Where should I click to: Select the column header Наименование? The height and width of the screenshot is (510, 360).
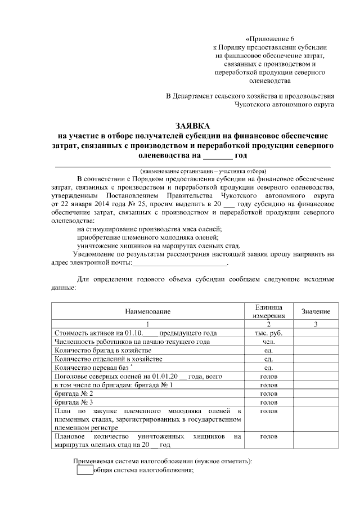[147, 311]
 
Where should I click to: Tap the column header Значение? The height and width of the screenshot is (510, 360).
[316, 311]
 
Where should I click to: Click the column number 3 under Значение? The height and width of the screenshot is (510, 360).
[316, 324]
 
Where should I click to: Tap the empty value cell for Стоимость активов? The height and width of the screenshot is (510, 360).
[316, 332]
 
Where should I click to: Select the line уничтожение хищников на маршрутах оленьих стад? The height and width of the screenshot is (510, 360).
[159, 245]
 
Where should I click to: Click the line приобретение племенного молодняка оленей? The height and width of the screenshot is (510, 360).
[149, 237]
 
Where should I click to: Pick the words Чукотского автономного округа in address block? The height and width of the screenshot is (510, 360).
[285, 104]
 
